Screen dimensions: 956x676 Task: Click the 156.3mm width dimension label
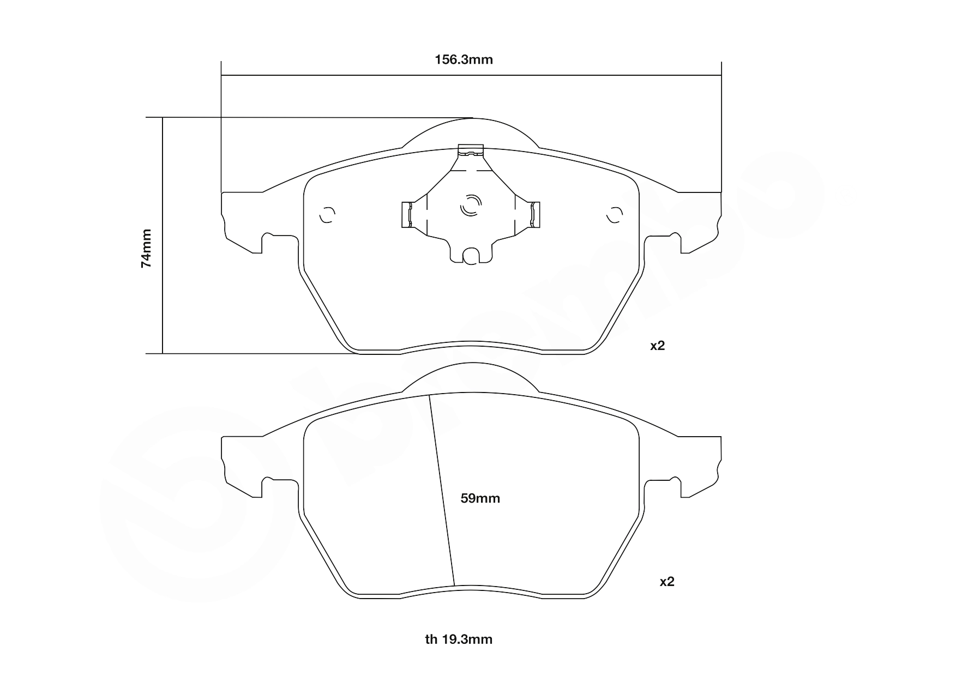click(464, 59)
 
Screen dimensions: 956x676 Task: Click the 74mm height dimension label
click(146, 248)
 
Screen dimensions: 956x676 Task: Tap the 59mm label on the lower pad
click(480, 498)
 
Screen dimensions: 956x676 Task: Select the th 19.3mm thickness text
click(459, 639)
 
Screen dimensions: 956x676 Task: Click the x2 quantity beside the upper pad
click(658, 346)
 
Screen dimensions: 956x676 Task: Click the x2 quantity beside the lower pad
click(667, 582)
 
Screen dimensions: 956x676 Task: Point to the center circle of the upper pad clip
click(471, 206)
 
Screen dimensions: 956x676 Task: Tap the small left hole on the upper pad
click(327, 215)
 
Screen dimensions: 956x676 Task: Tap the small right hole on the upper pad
click(615, 215)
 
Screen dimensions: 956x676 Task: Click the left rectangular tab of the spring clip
click(405, 214)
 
